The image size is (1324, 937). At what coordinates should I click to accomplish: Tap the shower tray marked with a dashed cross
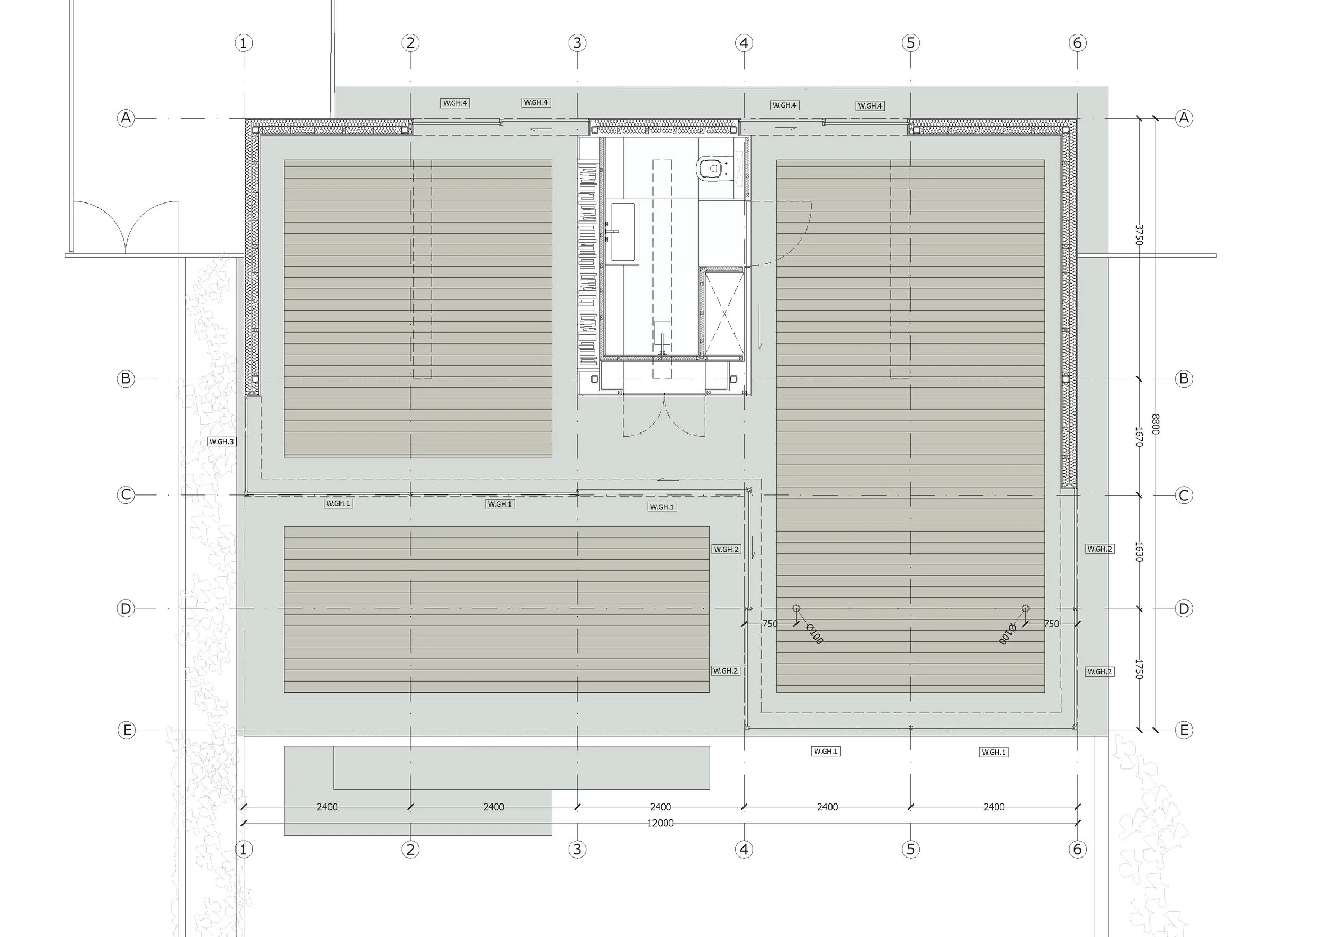point(723,313)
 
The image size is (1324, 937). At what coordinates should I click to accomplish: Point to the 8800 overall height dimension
point(1155,424)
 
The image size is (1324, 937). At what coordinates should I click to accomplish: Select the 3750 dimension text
point(1138,235)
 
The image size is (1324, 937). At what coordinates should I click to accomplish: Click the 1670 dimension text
point(1138,437)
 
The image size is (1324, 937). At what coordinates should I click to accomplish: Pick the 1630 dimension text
point(1138,552)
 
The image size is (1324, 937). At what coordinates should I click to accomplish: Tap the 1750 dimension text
point(1138,669)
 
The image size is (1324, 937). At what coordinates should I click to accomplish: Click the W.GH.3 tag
point(221,442)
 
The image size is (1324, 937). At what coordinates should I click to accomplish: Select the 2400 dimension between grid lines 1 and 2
point(327,807)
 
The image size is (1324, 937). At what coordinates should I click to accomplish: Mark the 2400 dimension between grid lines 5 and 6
point(994,807)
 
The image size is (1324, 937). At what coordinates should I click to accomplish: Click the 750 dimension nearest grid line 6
point(1051,624)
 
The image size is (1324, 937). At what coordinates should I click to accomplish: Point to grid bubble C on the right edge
point(1184,495)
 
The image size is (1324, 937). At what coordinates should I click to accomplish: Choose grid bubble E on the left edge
point(126,730)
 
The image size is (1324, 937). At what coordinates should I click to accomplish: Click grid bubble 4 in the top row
point(744,43)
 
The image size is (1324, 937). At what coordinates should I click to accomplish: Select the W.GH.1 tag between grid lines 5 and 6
point(994,752)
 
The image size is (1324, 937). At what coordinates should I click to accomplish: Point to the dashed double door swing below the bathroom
point(664,417)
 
